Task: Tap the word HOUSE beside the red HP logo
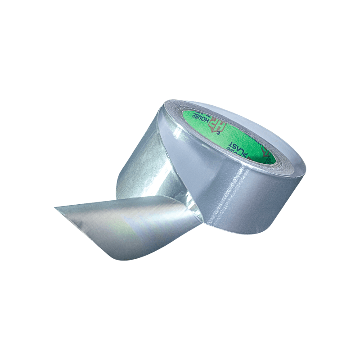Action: click(201, 117)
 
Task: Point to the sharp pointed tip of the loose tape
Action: click(56, 207)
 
